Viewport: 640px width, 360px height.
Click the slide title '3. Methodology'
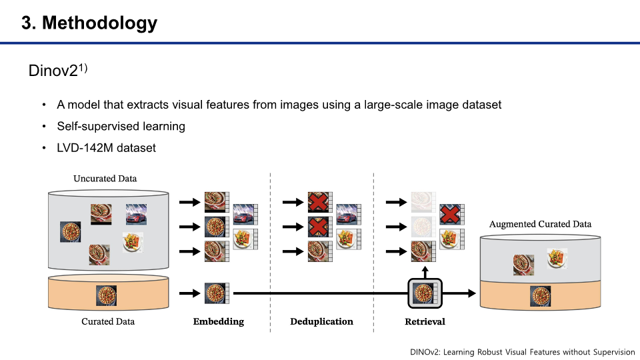click(x=89, y=23)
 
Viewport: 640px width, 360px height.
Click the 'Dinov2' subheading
click(x=54, y=70)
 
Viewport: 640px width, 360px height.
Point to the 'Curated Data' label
click(x=108, y=321)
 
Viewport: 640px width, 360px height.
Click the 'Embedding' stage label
click(x=219, y=321)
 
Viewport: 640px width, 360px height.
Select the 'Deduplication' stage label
click(x=321, y=321)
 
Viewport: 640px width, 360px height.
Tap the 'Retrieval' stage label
click(x=425, y=321)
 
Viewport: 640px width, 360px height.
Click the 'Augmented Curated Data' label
click(x=540, y=224)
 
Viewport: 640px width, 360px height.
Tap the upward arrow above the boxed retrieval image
click(x=425, y=270)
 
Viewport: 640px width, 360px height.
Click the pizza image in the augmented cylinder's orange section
click(x=541, y=295)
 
